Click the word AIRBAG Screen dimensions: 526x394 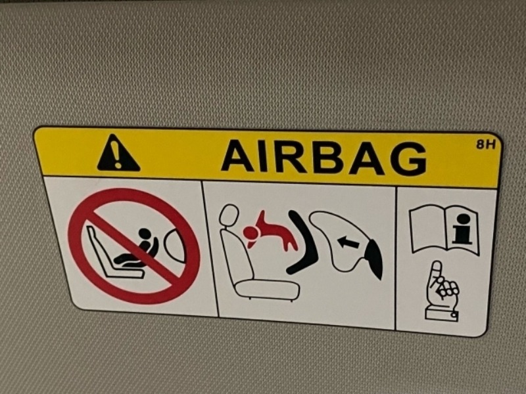pyautogui.click(x=323, y=157)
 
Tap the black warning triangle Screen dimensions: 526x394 pyautogui.click(x=118, y=153)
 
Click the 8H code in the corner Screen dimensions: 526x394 pyautogui.click(x=486, y=144)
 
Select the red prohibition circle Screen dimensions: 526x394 pyautogui.click(x=134, y=246)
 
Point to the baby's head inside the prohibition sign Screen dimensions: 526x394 pyautogui.click(x=145, y=234)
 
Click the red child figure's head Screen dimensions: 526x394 pyautogui.click(x=250, y=232)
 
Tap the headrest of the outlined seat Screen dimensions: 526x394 pyautogui.click(x=229, y=216)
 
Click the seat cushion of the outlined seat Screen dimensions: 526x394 pyautogui.click(x=267, y=289)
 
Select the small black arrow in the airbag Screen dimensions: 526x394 pyautogui.click(x=348, y=242)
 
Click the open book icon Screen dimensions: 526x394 pyautogui.click(x=444, y=229)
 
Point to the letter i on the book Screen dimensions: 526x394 pyautogui.click(x=462, y=229)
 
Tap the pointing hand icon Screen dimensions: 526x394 pyautogui.click(x=442, y=291)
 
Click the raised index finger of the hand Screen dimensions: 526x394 pyautogui.click(x=437, y=273)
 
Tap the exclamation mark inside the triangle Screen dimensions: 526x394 pyautogui.click(x=117, y=154)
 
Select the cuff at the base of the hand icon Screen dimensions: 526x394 pyautogui.click(x=442, y=315)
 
